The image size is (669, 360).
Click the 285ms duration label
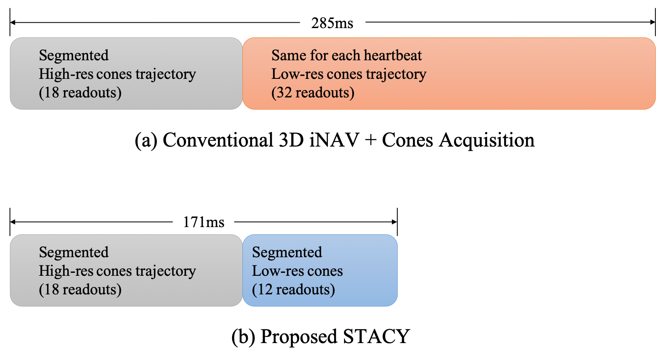[x=332, y=23]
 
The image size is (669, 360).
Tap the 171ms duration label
[x=204, y=222]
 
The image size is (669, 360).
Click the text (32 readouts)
[x=313, y=92]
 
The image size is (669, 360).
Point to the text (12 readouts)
[x=293, y=289]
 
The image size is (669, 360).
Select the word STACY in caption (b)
[x=376, y=336]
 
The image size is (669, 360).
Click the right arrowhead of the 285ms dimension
[x=652, y=22]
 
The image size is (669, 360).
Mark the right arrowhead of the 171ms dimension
[x=394, y=222]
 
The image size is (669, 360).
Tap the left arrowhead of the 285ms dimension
[x=13, y=22]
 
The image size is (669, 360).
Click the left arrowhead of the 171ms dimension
[x=13, y=222]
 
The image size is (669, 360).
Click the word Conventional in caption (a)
[x=218, y=140]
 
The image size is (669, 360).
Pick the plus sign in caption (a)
[x=370, y=140]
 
